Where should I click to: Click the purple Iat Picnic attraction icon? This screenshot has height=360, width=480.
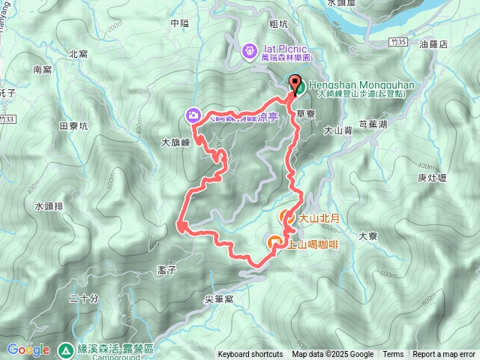[249, 51]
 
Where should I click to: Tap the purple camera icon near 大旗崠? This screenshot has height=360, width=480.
[193, 115]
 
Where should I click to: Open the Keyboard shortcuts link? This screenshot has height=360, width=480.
[250, 355]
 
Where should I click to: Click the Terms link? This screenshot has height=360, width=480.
[393, 355]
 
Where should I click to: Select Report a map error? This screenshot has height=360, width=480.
[445, 355]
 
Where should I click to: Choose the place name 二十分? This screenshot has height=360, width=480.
[83, 298]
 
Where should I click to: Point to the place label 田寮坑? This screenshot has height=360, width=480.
[73, 126]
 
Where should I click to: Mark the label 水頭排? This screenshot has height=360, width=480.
[49, 205]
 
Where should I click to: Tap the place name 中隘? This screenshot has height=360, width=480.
[179, 23]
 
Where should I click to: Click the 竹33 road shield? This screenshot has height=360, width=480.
[8, 118]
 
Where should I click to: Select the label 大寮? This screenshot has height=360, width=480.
[367, 235]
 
